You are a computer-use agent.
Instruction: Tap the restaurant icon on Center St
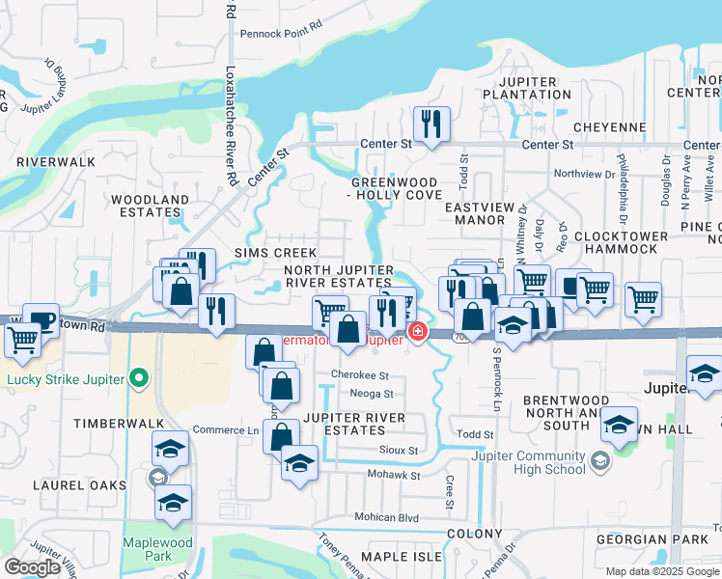pyautogui.click(x=430, y=123)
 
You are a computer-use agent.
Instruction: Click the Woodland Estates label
pyautogui.click(x=150, y=207)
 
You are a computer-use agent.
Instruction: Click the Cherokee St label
pyautogui.click(x=359, y=375)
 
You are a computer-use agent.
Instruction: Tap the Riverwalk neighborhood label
pyautogui.click(x=55, y=162)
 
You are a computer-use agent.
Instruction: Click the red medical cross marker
pyautogui.click(x=417, y=333)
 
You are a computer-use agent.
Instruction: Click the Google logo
pyautogui.click(x=32, y=567)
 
